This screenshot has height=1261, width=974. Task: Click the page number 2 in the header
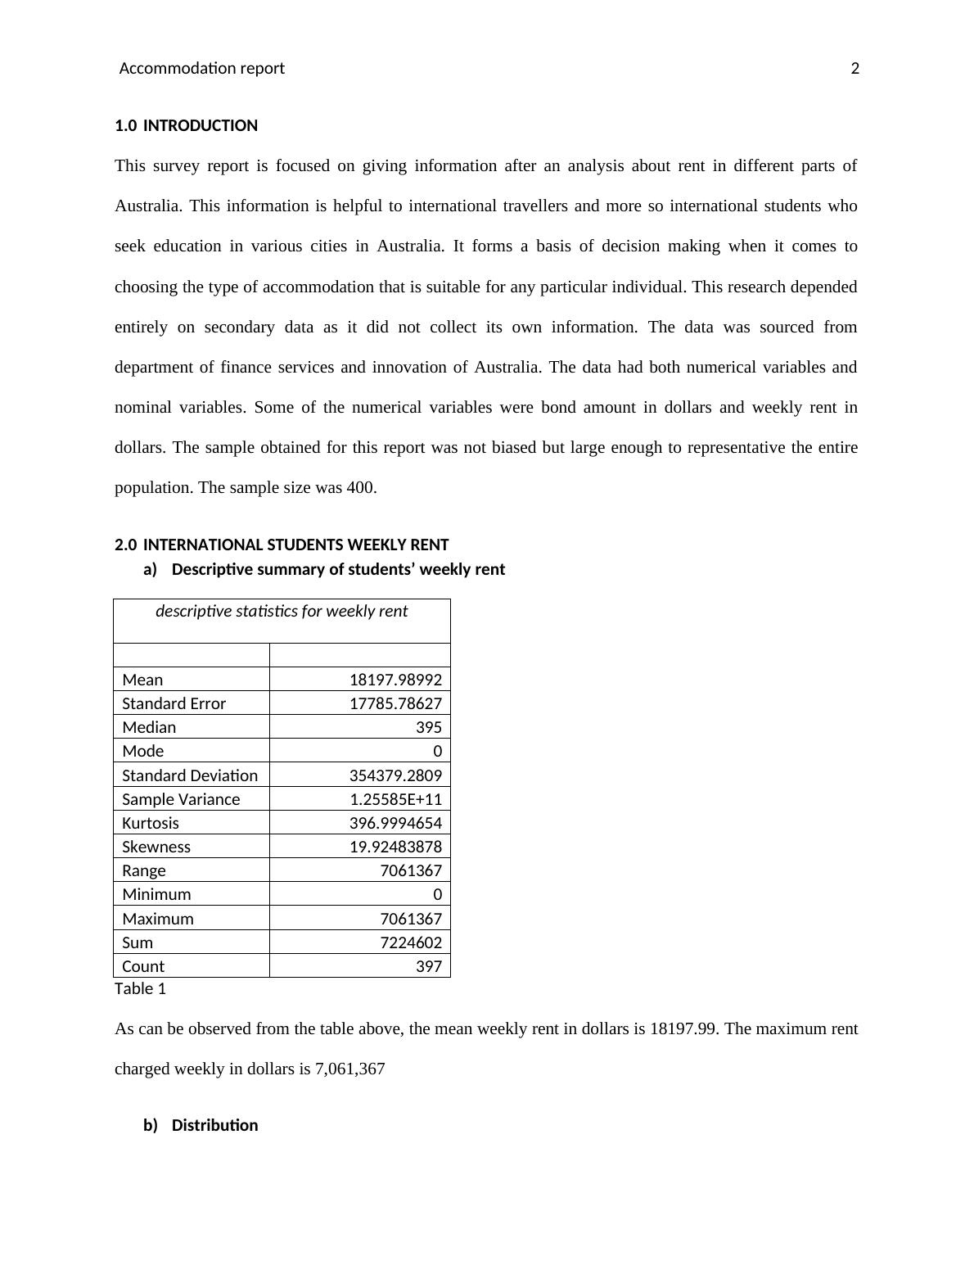point(855,69)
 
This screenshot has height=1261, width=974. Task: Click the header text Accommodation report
point(202,69)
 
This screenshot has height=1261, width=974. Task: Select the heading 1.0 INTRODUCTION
point(187,126)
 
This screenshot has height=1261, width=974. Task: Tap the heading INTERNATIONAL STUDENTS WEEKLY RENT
point(295,545)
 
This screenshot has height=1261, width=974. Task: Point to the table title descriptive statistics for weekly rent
point(282,612)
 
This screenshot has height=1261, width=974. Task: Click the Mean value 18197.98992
point(395,680)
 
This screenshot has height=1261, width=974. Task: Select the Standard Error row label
point(174,704)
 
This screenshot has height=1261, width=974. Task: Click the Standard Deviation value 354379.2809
point(395,775)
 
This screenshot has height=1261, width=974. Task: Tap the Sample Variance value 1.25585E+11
point(396,800)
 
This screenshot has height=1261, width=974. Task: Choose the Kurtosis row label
point(151,824)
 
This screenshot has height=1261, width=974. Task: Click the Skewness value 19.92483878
point(395,847)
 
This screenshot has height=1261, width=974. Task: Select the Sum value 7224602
point(411,943)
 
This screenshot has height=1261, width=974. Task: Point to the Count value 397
point(429,967)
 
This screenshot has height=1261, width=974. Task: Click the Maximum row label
point(158,920)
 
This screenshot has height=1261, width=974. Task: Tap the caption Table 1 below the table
point(140,989)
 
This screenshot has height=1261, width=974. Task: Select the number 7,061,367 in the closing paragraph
point(349,1069)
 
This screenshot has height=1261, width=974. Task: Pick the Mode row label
point(143,752)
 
